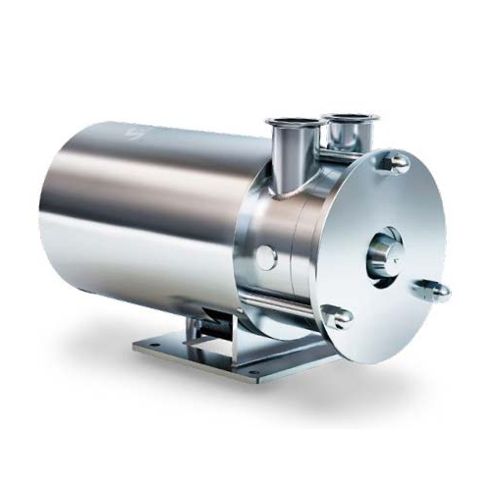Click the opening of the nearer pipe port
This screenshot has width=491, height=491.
pyautogui.click(x=293, y=126)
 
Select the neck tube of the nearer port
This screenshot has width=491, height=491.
pyautogui.click(x=292, y=163)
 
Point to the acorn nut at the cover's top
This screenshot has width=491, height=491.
pyautogui.click(x=394, y=161)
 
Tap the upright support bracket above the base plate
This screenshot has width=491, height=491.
pyautogui.click(x=211, y=319)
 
